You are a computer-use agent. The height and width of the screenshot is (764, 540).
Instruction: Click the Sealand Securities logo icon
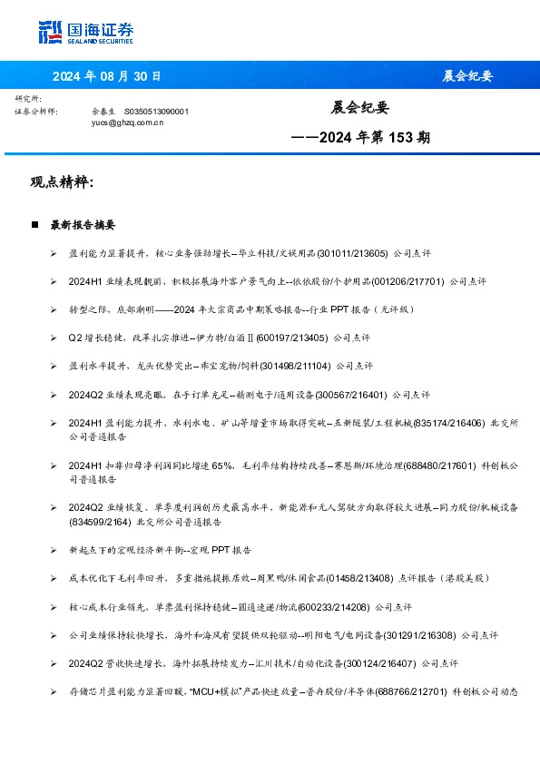point(51,33)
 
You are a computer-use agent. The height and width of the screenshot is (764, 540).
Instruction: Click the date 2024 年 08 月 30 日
point(106,76)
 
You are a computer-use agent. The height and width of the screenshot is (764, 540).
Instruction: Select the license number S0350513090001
point(156,111)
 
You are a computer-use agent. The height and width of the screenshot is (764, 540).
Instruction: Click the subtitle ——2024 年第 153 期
point(360,138)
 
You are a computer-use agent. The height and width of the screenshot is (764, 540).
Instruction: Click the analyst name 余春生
point(104,111)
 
